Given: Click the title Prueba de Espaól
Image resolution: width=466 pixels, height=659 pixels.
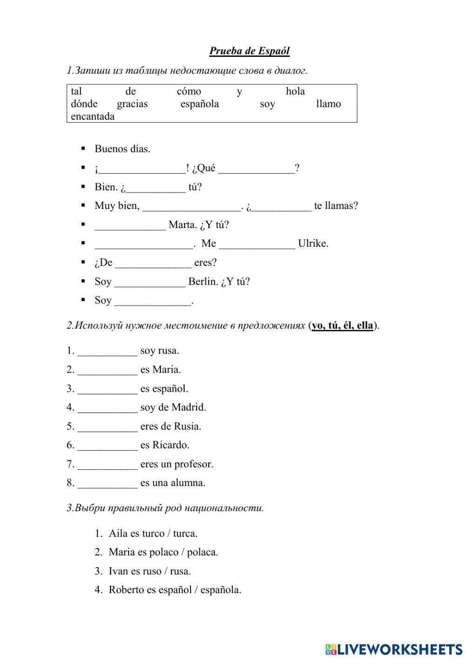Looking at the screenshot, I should (249, 51).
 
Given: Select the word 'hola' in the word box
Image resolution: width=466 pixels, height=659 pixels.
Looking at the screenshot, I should (295, 91).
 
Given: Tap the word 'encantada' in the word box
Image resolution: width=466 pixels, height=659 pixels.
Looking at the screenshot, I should (92, 117).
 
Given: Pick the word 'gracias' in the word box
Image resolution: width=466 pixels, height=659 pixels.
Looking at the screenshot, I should (132, 104).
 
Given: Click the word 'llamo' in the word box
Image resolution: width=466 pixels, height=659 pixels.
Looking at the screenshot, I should (328, 104).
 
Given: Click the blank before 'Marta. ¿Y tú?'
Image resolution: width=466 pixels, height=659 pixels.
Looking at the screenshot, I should (130, 225).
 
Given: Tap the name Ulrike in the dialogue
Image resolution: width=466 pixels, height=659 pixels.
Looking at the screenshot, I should (313, 243).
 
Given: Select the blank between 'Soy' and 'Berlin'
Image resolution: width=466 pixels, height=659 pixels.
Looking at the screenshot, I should (150, 282).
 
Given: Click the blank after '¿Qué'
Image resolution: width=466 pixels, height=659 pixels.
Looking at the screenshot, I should (256, 169).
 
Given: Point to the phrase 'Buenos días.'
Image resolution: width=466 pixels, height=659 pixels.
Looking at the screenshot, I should (122, 149).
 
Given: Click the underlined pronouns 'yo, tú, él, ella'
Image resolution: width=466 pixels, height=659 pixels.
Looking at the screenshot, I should (343, 326).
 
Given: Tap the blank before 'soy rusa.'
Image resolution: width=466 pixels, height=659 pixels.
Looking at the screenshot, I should (107, 351).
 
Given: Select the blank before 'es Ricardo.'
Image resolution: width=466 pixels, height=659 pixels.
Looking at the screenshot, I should (107, 445).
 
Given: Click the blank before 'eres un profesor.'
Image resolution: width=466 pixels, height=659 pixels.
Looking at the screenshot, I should (107, 465).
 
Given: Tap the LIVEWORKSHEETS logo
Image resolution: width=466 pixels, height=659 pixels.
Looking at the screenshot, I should (394, 649).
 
